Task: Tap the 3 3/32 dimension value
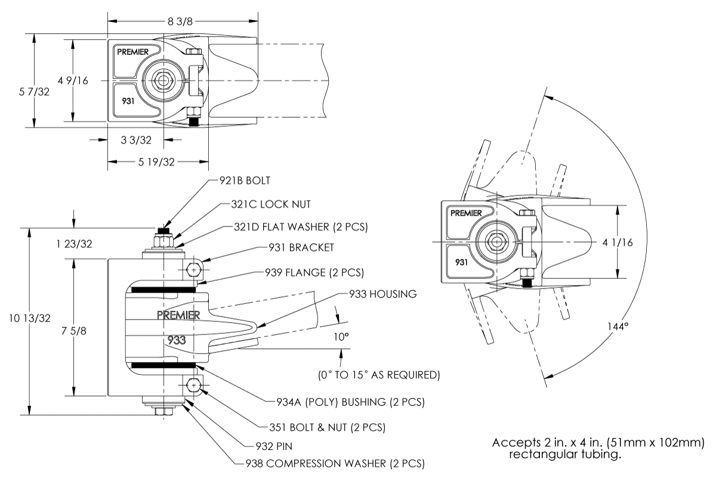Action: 135,140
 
